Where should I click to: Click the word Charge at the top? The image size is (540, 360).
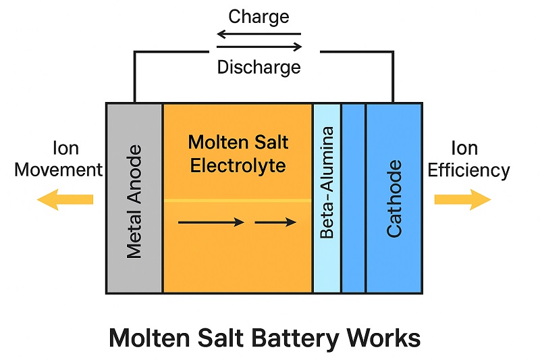pos(259,16)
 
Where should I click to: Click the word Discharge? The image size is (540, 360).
pos(259,67)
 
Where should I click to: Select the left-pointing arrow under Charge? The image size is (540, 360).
pos(259,33)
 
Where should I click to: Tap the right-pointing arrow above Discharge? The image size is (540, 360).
pos(259,47)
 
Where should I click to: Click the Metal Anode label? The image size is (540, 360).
pos(134,201)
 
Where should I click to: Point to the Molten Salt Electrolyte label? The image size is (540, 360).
pos(238,154)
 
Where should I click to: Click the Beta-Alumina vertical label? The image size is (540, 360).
pos(327,183)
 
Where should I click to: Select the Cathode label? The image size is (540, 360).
pos(394,199)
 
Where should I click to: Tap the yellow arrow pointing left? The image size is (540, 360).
pos(65,199)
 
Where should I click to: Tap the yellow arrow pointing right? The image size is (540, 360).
pos(462,199)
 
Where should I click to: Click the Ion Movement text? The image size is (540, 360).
pos(58,159)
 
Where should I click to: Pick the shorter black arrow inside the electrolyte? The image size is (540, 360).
pos(275,222)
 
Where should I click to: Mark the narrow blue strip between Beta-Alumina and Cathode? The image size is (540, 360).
pos(353,199)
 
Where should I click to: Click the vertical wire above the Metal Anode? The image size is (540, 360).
pos(134,78)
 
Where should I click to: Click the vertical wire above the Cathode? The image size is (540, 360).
pos(394,78)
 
